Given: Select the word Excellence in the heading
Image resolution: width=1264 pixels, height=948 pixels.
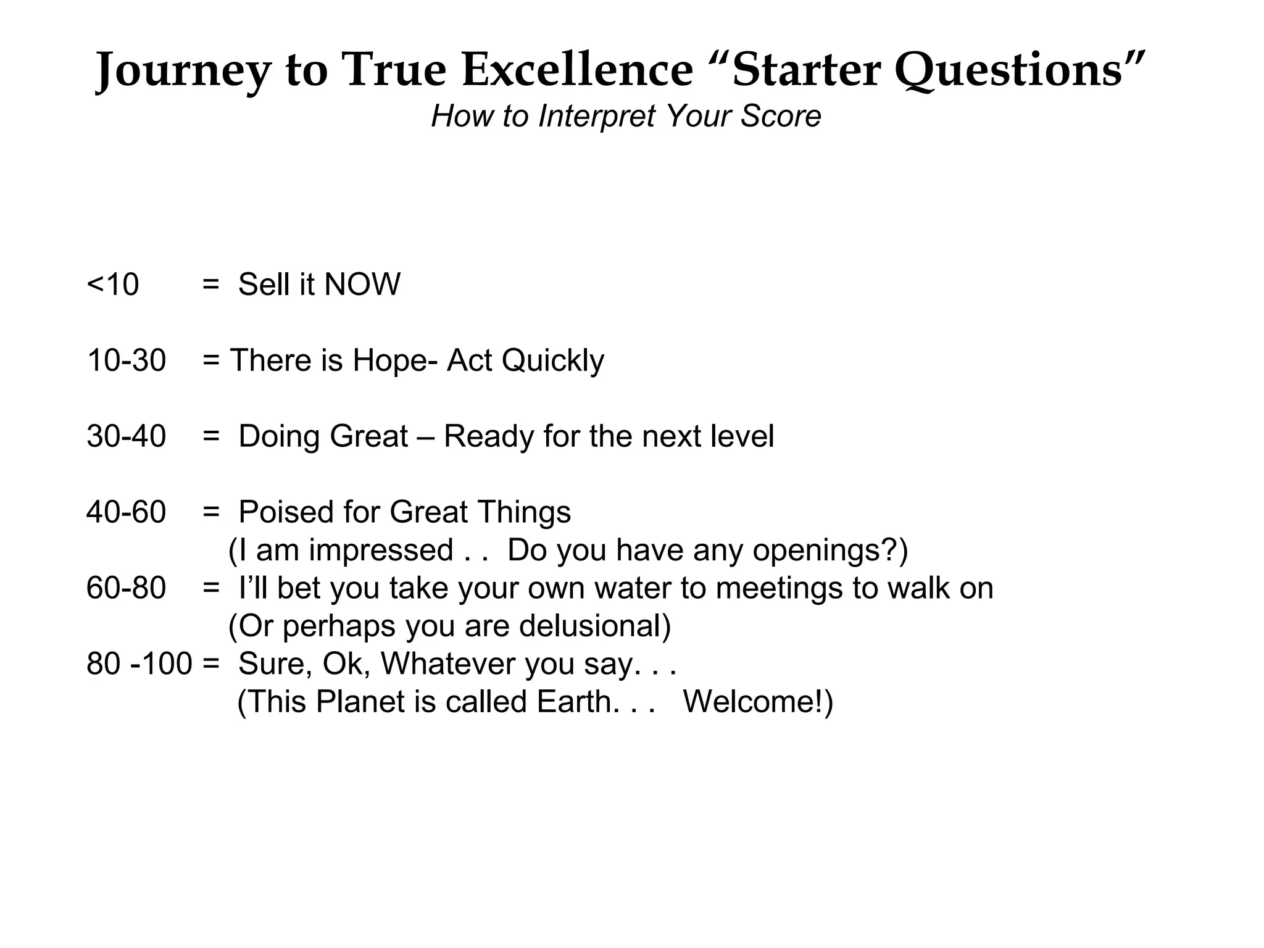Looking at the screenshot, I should pyautogui.click(x=578, y=69).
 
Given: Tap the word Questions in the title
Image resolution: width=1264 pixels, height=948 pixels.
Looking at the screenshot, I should pyautogui.click(x=1008, y=70).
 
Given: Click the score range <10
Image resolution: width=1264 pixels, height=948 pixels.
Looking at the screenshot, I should pyautogui.click(x=114, y=285).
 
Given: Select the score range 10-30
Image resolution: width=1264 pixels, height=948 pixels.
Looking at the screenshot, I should pyautogui.click(x=127, y=360).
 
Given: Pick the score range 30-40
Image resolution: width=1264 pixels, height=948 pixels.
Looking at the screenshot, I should pyautogui.click(x=127, y=436).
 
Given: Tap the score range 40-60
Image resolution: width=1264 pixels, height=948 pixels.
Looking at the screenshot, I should pyautogui.click(x=127, y=512).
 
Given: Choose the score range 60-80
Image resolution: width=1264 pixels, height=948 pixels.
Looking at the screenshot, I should pyautogui.click(x=127, y=588).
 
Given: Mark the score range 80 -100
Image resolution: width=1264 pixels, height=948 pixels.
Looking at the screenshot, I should pyautogui.click(x=139, y=664).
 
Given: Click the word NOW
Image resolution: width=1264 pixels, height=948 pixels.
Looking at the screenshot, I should pyautogui.click(x=362, y=285).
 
